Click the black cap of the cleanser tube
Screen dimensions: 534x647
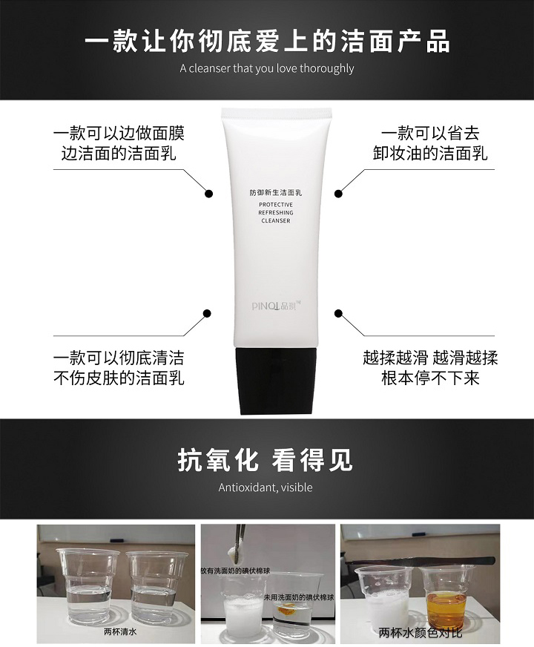tap(276, 381)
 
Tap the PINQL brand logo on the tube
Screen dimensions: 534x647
tap(277, 306)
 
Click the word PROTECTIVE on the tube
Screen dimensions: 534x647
tap(276, 205)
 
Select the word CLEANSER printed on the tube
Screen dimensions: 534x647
tap(276, 221)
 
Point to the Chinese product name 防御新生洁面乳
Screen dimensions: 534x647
tap(276, 192)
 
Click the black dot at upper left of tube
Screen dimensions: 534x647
tap(208, 194)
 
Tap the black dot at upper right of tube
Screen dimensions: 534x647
tap(338, 194)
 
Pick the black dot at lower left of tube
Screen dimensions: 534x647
tap(208, 314)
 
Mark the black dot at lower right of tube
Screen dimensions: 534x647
tap(338, 314)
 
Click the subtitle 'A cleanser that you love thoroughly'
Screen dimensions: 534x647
tap(267, 68)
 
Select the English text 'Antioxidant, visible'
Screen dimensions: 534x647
tap(266, 487)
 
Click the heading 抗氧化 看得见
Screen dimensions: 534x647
tap(266, 460)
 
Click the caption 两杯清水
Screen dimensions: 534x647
tap(120, 631)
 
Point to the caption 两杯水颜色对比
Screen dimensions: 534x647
tap(421, 631)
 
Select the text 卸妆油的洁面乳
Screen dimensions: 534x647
tap(430, 154)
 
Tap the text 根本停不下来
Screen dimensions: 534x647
tap(430, 378)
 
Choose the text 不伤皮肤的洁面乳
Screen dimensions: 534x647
tap(119, 378)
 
